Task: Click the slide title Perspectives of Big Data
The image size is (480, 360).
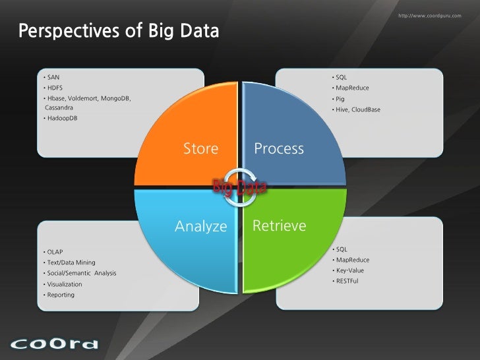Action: (118, 31)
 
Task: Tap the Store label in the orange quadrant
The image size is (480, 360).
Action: (200, 149)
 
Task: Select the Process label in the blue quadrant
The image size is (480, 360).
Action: (279, 149)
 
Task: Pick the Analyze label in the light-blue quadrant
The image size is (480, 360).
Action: (200, 227)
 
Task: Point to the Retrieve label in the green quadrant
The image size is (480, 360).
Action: (279, 226)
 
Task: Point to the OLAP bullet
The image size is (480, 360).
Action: (55, 252)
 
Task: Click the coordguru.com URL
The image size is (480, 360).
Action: (430, 15)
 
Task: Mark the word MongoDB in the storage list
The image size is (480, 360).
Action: (116, 98)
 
